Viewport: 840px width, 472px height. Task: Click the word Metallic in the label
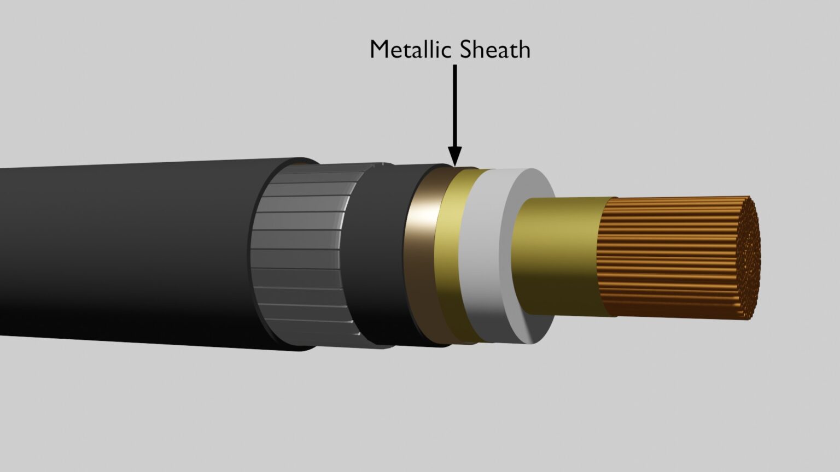coord(412,50)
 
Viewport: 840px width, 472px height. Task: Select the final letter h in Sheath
coord(524,50)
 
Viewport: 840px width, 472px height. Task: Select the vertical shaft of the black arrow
coord(454,104)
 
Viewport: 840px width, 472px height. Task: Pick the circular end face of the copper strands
coord(749,257)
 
